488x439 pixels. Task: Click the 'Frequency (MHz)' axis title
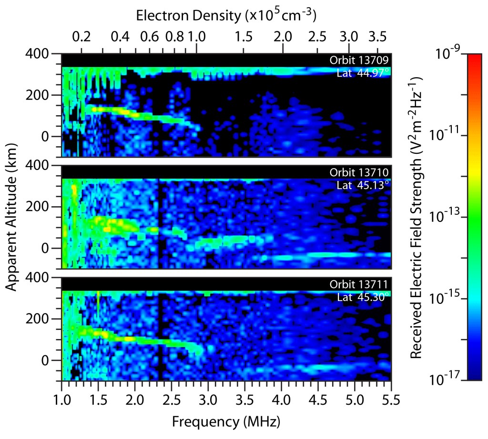[225, 422]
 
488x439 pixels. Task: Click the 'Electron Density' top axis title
[226, 15]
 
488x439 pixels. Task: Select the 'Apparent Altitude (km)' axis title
[12, 218]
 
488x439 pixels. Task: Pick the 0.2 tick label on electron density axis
[81, 37]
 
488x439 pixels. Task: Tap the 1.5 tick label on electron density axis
[244, 37]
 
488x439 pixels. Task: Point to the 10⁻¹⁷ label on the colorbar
[451, 379]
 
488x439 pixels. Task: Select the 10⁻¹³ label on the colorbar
[451, 217]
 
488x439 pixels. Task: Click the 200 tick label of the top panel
[47, 95]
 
